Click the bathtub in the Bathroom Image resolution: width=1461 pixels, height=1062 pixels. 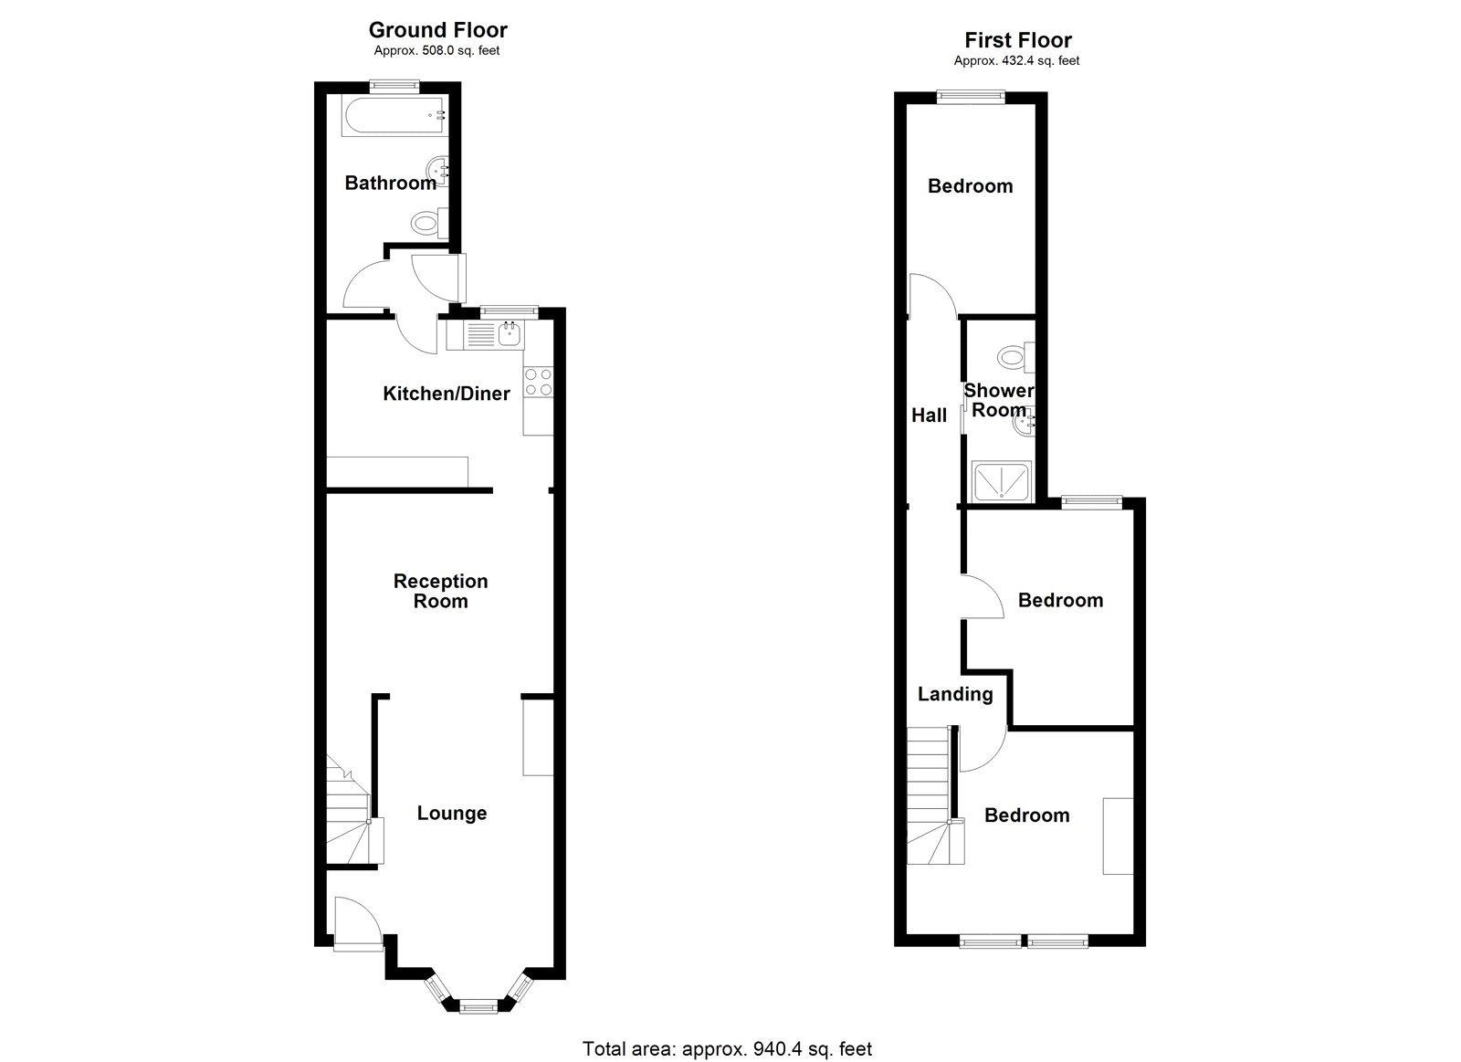[x=392, y=116]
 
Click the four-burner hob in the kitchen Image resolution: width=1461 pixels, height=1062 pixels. [x=538, y=382]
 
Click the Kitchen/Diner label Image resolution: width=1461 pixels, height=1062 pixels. [x=446, y=394]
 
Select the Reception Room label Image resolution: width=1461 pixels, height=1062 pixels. [x=440, y=591]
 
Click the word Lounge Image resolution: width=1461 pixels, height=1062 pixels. [x=451, y=814]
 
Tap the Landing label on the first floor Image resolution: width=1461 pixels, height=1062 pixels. [x=954, y=694]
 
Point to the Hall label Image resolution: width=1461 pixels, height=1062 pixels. [x=929, y=415]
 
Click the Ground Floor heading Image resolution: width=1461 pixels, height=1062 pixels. [x=437, y=30]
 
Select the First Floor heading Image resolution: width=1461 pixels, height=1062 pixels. [x=1017, y=40]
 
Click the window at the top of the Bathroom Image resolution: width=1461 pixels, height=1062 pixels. [x=394, y=87]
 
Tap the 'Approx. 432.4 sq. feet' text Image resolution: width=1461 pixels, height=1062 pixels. [x=1016, y=61]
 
